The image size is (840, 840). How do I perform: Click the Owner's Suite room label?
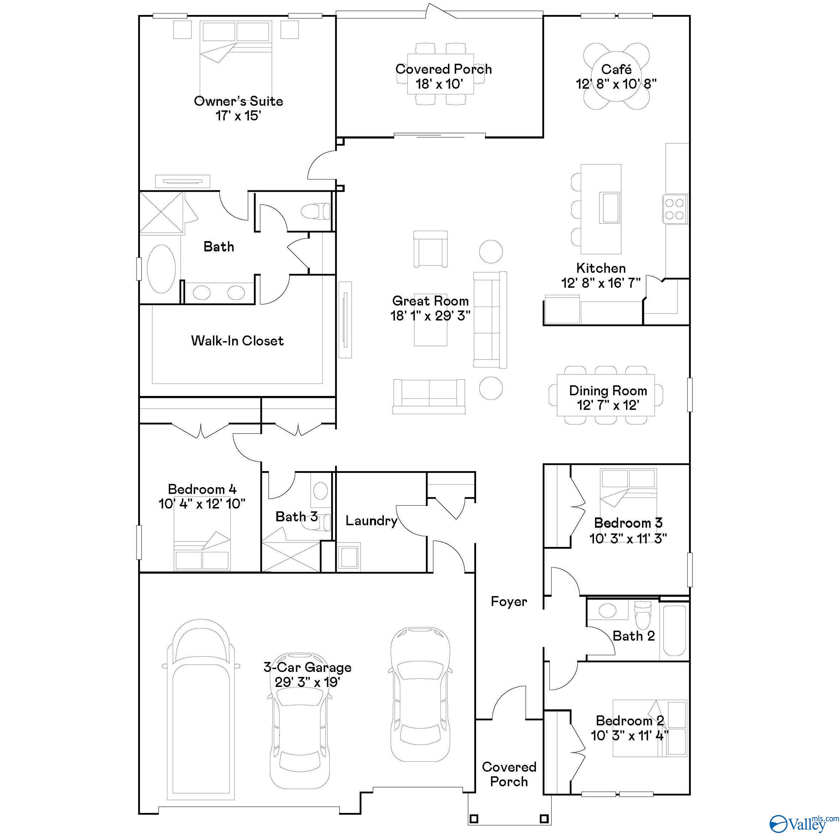pyautogui.click(x=238, y=101)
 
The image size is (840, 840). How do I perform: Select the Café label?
pyautogui.click(x=616, y=69)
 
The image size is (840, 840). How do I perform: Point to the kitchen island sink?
pyautogui.click(x=610, y=207)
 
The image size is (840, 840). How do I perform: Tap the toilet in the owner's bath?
pyautogui.click(x=316, y=212)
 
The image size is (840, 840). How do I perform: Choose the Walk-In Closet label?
pyautogui.click(x=237, y=341)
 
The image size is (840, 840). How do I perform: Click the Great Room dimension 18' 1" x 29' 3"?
pyautogui.click(x=431, y=316)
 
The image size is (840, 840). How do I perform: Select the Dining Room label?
pyautogui.click(x=608, y=390)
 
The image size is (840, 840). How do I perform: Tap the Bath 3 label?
pyautogui.click(x=296, y=517)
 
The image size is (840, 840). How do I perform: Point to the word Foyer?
pyautogui.click(x=509, y=601)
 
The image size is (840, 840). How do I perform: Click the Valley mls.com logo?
pyautogui.click(x=804, y=823)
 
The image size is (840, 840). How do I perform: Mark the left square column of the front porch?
pyautogui.click(x=474, y=819)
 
